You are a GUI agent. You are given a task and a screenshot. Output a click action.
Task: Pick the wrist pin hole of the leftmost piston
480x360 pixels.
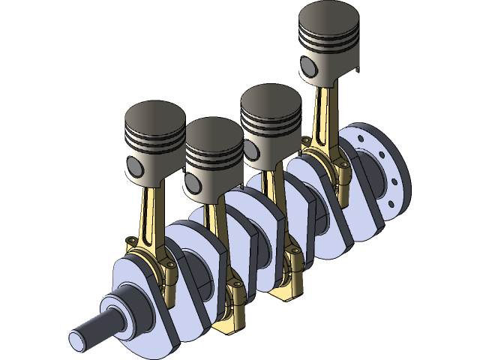click(133, 165)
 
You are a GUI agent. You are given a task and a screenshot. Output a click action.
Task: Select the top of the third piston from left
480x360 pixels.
click(271, 101)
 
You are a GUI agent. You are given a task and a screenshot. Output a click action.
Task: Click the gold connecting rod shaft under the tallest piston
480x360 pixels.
click(320, 116)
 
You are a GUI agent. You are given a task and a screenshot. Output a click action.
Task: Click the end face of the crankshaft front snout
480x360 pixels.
click(77, 339)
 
